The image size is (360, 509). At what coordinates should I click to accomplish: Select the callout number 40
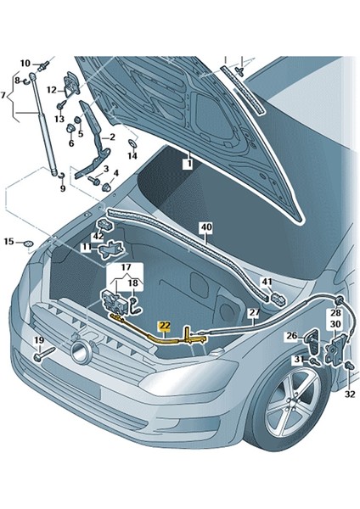pyautogui.click(x=205, y=227)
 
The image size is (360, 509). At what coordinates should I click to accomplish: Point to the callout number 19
pyautogui.click(x=38, y=341)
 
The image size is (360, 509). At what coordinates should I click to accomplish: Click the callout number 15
pyautogui.click(x=8, y=243)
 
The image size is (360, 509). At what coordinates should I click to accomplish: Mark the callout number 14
pyautogui.click(x=132, y=156)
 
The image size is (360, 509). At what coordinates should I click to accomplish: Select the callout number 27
pyautogui.click(x=253, y=313)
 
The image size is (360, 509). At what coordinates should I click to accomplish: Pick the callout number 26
pyautogui.click(x=291, y=337)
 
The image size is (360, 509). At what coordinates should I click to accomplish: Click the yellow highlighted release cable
pyautogui.click(x=161, y=338)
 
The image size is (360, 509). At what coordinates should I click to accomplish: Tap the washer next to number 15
pyautogui.click(x=28, y=245)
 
